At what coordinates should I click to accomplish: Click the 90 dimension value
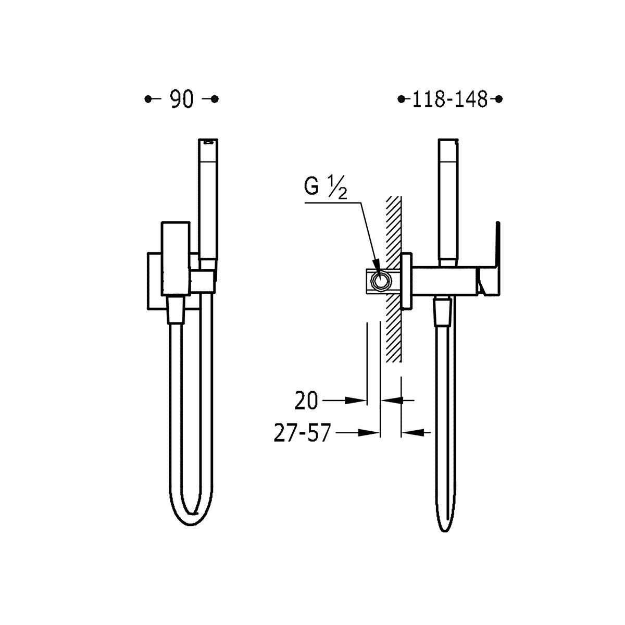point(182,99)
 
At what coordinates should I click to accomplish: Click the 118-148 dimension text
point(449,99)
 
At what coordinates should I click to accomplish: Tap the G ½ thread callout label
point(326,189)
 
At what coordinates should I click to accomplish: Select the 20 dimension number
point(306,401)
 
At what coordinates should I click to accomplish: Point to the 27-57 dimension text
point(302,433)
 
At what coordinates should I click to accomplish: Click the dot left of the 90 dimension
point(148,99)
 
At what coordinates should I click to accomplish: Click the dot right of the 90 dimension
point(215,99)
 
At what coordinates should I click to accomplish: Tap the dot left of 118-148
point(402,99)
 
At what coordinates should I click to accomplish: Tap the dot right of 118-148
point(499,99)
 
